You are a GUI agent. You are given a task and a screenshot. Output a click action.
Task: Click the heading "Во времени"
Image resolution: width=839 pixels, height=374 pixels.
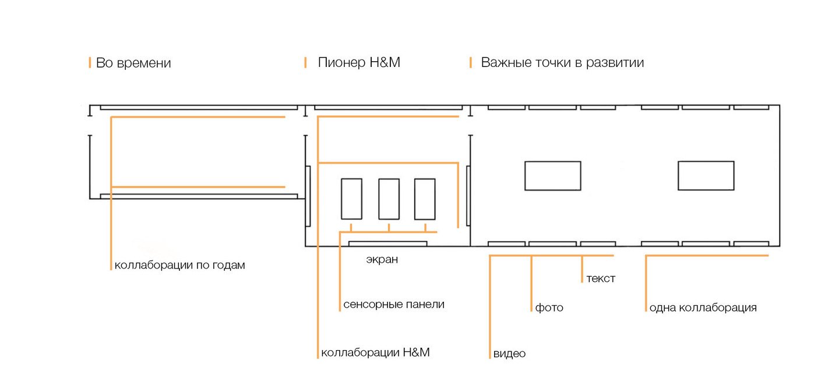133,63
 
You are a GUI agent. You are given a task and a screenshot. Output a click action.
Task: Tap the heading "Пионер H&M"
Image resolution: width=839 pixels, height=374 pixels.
359,62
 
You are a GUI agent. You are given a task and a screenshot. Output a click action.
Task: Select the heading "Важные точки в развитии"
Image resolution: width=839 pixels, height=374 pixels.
562,62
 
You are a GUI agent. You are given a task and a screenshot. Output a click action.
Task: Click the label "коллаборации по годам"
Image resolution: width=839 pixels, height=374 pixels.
180,265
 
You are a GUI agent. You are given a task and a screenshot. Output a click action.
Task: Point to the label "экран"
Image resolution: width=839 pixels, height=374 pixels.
382,259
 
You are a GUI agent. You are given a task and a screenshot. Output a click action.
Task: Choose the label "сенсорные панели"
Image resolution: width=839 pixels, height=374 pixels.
394,304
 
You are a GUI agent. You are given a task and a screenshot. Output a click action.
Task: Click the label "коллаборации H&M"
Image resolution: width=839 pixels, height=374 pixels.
375,352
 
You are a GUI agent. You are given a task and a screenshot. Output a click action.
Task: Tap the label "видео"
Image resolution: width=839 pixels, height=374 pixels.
509,354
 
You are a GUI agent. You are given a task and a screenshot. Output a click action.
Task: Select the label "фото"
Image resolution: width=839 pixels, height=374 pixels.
549,308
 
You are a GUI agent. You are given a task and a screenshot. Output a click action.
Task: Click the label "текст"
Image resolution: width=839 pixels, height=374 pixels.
601,278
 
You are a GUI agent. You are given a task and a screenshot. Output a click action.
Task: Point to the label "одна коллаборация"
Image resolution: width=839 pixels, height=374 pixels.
703,308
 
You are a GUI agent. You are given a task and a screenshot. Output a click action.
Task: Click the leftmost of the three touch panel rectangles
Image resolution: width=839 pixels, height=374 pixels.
351,199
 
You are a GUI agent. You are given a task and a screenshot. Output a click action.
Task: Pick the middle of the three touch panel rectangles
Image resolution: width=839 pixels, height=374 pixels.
389,199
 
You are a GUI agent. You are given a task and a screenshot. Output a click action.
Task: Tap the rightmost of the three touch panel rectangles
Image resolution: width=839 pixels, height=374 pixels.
425,199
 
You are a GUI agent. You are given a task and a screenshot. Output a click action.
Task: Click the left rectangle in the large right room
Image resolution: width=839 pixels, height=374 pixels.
553,175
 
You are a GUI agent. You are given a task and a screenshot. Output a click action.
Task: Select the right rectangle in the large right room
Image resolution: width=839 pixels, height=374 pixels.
706,175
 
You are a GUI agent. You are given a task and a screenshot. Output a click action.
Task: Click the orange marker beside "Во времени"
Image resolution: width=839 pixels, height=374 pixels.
90,63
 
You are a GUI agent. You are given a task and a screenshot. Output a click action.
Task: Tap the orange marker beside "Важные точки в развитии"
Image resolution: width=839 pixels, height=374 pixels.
470,62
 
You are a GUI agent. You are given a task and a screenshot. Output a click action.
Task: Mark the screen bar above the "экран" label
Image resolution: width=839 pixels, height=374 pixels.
387,244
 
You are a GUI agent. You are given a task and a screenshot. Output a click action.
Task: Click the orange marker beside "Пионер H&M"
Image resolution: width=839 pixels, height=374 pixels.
306,62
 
